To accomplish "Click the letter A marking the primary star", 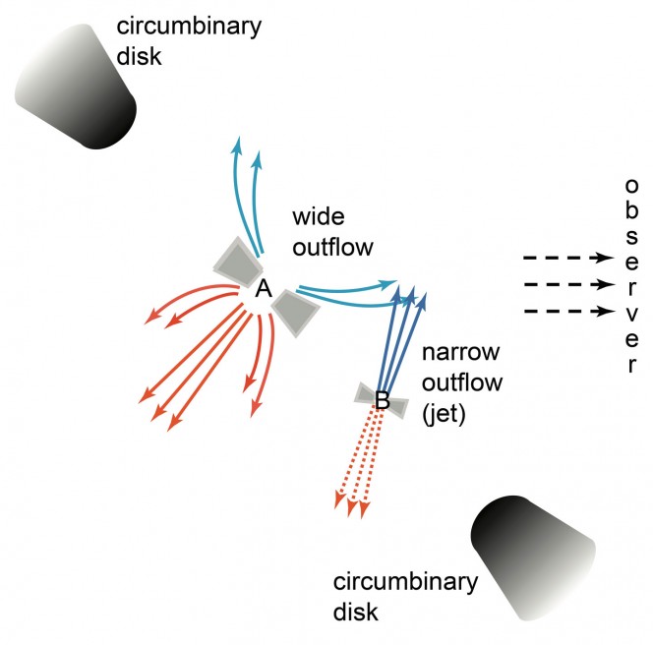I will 264,289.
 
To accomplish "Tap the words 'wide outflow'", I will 333,231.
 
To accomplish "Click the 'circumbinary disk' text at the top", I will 186,38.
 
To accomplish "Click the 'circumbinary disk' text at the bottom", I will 405,595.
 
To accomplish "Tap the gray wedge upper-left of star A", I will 239,260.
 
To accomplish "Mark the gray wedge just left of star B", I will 367,395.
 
